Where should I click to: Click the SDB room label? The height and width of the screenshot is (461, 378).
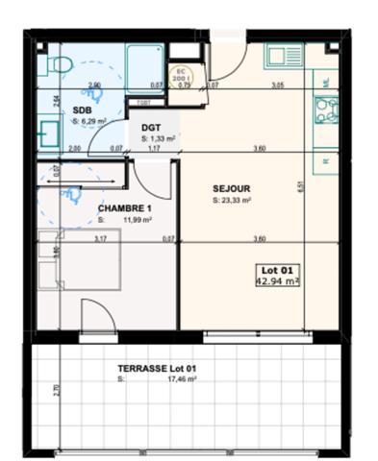(x=82, y=109)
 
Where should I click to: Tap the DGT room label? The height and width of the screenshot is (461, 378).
(x=151, y=126)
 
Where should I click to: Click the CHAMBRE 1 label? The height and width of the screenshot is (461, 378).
(x=124, y=207)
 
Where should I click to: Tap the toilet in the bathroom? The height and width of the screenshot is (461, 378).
(x=61, y=65)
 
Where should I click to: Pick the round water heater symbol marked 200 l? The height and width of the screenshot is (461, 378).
(x=179, y=74)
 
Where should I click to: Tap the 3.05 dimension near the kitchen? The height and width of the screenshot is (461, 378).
(x=277, y=85)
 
